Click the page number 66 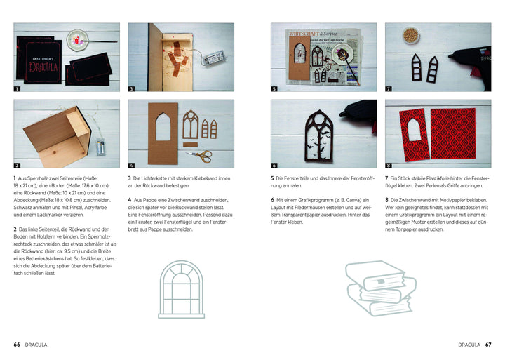pos(16,345)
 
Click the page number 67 pos(488,345)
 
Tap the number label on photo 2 pos(18,165)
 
